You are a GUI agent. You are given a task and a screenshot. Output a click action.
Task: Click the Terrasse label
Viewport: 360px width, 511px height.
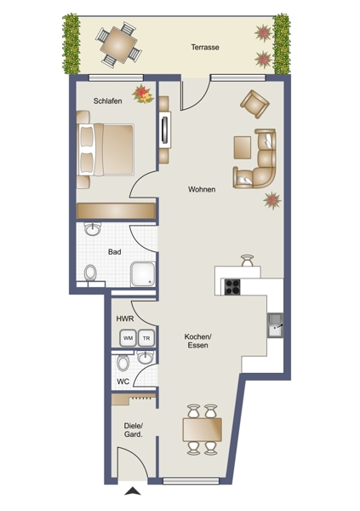[205, 47]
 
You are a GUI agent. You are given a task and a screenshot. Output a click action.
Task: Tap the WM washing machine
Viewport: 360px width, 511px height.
[128, 338]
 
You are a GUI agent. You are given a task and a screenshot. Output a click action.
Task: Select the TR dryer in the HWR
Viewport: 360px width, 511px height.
[146, 338]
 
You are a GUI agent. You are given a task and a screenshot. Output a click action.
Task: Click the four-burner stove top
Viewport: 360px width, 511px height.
[232, 287]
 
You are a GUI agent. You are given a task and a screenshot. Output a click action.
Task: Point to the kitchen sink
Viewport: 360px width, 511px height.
[275, 325]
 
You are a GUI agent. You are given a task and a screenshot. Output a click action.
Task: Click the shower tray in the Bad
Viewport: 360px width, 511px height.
[143, 274]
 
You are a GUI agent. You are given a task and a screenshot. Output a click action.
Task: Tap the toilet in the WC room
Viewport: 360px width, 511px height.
[123, 363]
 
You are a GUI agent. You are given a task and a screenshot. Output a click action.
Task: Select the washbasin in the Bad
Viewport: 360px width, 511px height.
[93, 229]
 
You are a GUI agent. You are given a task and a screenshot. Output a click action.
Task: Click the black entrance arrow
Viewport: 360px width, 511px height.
[133, 491]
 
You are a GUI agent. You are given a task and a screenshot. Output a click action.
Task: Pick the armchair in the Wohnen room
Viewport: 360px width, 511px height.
[254, 104]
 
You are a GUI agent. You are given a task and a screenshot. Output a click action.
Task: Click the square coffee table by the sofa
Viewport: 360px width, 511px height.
[243, 147]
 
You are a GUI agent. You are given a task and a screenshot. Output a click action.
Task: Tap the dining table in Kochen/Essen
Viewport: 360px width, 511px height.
[203, 429]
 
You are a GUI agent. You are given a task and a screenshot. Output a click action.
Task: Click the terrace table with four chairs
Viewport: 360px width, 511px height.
[118, 44]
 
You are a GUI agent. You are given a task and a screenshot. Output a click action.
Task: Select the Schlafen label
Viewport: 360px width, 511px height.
[108, 101]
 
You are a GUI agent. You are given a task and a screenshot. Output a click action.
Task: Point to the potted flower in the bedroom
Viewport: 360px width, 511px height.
[143, 94]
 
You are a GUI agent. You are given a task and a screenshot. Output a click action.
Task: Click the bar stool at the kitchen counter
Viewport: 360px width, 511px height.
[247, 261]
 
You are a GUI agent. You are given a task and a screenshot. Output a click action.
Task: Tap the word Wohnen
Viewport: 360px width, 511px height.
[202, 189]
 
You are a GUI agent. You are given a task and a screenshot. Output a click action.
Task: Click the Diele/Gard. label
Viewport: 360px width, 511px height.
[134, 430]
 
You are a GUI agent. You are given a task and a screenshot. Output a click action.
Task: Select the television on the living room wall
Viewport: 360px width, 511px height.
[165, 130]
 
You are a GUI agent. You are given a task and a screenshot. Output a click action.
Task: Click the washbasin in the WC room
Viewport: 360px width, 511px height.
[145, 357]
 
